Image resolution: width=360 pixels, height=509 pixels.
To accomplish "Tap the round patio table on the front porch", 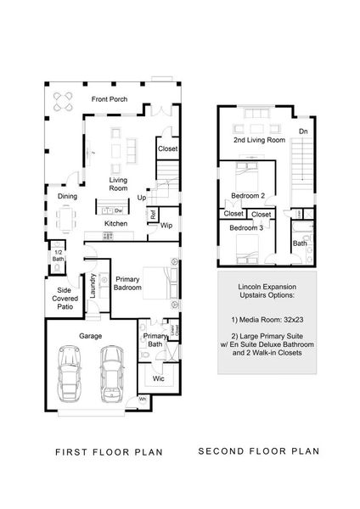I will [63, 103].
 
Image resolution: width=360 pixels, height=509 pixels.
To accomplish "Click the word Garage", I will [91, 335].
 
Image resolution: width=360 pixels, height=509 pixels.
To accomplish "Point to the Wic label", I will [158, 378].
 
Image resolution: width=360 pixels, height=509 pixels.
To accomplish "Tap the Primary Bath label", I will [155, 340].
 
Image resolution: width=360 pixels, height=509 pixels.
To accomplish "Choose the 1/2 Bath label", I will [58, 255].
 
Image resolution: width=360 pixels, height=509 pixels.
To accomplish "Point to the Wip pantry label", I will [166, 225].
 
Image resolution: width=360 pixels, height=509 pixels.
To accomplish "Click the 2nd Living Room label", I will [258, 139].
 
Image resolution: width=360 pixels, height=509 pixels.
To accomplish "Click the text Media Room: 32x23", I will [267, 323].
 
